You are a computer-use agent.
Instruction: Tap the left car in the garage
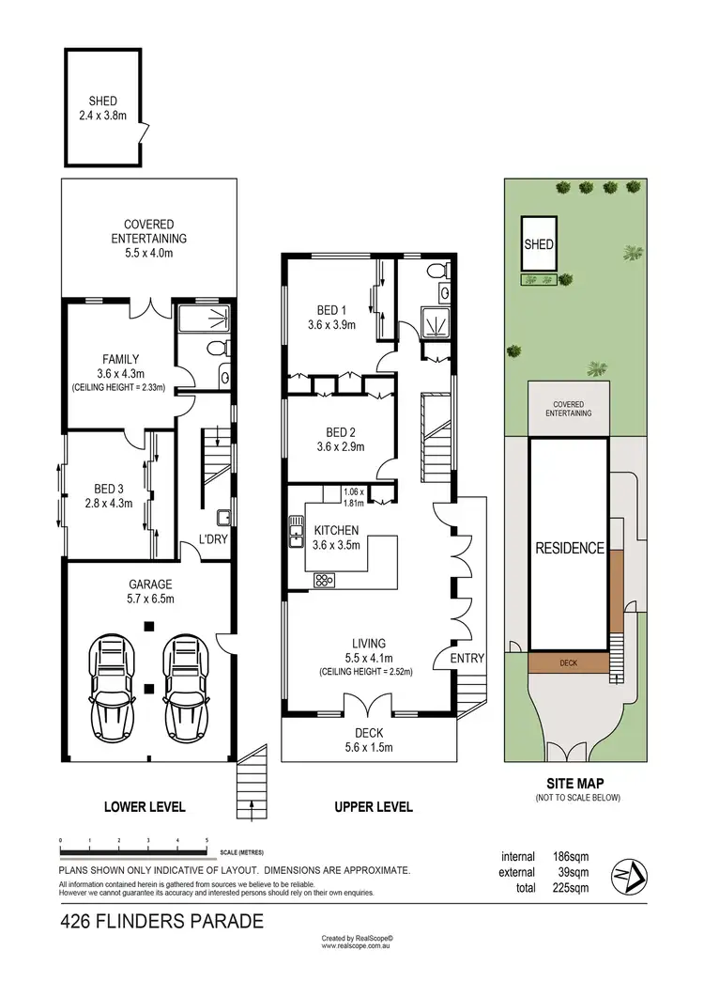(113, 689)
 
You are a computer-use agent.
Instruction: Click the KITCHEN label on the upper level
(337, 529)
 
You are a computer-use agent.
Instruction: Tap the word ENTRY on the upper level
(467, 659)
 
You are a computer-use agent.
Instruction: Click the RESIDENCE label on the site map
(569, 549)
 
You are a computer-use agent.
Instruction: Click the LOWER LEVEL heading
(144, 806)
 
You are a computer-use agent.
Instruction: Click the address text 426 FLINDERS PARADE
(161, 922)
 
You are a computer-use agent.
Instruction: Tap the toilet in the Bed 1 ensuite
(436, 273)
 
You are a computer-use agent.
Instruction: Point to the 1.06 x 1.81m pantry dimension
(354, 497)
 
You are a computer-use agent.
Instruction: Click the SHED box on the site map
(539, 244)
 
